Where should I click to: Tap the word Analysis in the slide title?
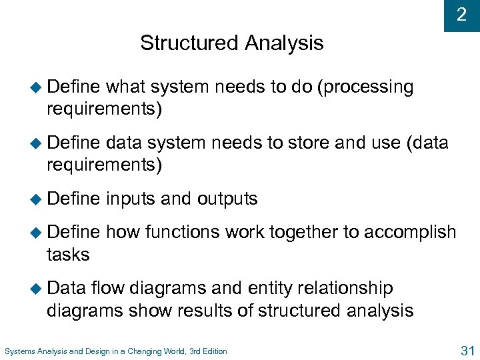tap(285, 43)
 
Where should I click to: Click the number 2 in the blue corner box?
tap(461, 15)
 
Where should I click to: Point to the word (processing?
tap(366, 87)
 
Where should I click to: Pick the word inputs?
tap(129, 199)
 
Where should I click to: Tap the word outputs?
tap(227, 199)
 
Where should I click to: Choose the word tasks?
tap(68, 254)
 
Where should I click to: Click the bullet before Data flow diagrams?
tap(37, 289)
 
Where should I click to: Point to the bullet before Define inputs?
tap(37, 199)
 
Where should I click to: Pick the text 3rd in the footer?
tap(182, 351)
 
